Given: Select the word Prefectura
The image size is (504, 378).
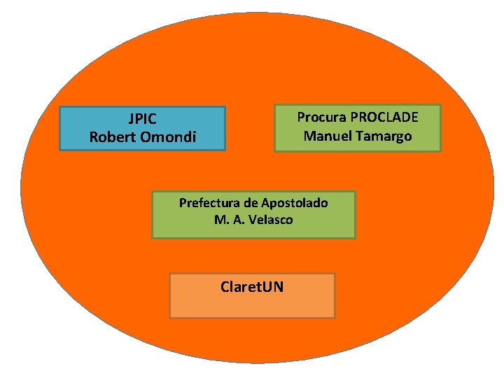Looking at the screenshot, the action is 209,204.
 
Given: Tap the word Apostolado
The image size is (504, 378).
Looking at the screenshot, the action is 294,204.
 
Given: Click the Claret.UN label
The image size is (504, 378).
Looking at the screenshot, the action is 252,286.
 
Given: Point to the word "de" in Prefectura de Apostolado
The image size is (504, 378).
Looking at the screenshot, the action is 251,204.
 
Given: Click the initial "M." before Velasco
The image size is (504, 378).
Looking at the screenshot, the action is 220,220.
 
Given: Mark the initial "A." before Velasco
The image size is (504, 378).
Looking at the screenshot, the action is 237,220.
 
